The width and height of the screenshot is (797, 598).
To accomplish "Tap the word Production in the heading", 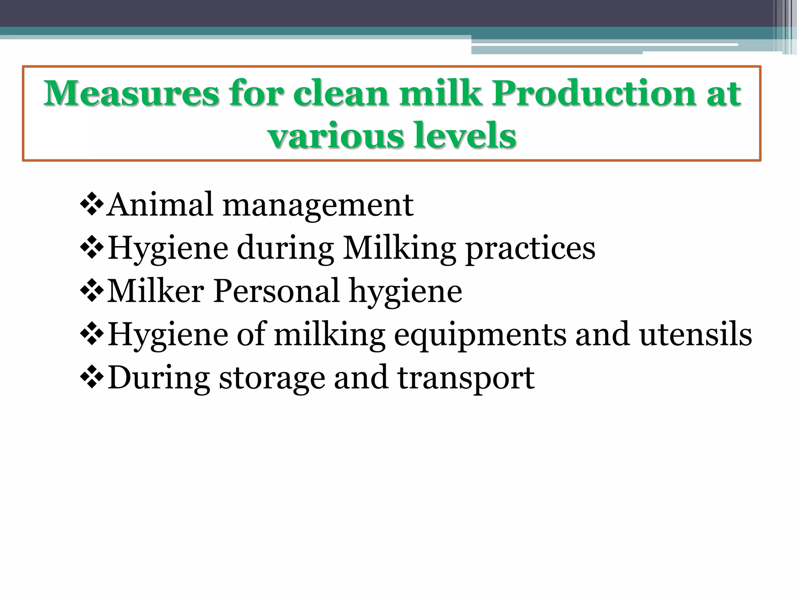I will point(593,93).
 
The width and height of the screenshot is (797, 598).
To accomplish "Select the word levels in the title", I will point(465,136).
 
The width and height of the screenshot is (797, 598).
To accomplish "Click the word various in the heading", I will point(336,136).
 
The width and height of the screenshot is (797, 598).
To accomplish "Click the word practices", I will point(530,249).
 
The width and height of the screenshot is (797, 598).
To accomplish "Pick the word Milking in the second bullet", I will point(400,249).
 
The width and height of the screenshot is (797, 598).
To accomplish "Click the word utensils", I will point(696,335).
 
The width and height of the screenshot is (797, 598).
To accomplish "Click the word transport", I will point(466,378).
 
